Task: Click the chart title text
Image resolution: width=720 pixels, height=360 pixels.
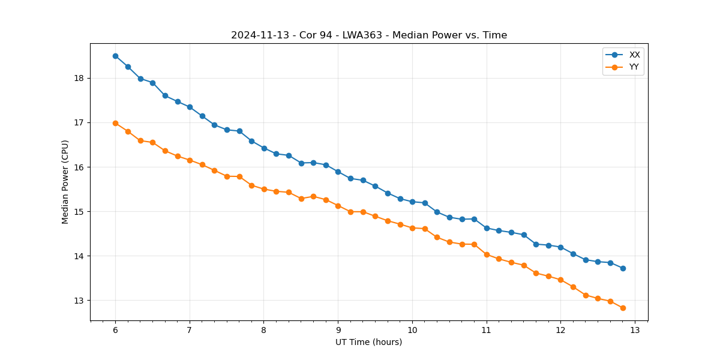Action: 369,35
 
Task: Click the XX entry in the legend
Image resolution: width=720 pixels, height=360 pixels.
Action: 634,55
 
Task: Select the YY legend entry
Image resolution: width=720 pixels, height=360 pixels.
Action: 634,67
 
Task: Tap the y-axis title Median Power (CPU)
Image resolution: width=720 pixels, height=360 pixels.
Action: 65,182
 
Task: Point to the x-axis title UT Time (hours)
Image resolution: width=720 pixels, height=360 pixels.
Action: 368,342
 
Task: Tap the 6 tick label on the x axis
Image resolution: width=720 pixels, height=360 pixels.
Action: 115,330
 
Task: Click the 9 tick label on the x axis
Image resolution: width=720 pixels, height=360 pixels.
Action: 338,330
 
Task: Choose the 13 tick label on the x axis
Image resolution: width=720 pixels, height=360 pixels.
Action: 635,330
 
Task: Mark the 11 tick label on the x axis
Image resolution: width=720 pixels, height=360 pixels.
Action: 487,330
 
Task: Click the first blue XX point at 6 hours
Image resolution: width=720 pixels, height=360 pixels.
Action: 115,56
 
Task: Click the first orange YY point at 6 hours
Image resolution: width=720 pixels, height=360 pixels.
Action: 115,123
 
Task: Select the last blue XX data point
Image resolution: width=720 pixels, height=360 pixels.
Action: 623,268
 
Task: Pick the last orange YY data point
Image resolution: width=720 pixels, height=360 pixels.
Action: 623,308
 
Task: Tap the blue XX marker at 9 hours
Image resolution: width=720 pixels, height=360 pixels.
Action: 338,172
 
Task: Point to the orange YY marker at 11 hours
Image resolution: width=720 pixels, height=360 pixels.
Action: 487,254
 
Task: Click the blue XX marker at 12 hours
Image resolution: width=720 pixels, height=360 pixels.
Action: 560,247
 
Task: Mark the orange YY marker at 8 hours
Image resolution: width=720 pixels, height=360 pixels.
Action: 264,189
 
